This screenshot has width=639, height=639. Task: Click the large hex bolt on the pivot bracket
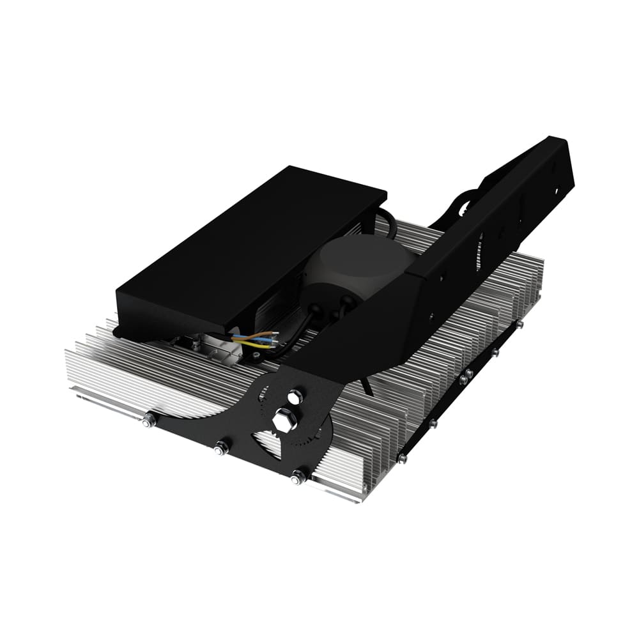[x=283, y=421]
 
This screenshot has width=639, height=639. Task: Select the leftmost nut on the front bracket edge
[x=149, y=420]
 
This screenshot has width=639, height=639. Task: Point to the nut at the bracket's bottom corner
[x=298, y=476]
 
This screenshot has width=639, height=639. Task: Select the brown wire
[x=262, y=334]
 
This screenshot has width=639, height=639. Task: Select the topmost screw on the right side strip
[x=519, y=325]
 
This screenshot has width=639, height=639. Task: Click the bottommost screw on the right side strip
[x=401, y=458]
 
